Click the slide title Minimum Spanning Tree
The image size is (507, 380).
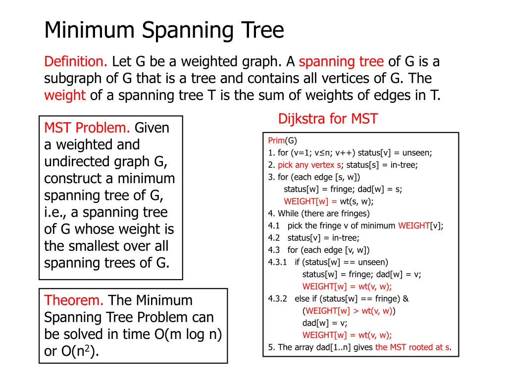tap(164, 31)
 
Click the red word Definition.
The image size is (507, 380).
tap(76, 62)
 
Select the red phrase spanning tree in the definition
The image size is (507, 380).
tap(341, 62)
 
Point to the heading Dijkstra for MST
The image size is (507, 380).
tap(328, 119)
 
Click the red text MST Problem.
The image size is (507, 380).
tap(87, 128)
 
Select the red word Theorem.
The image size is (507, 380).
tap(74, 300)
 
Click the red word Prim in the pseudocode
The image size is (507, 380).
tap(276, 141)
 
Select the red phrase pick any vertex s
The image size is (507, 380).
tap(303, 165)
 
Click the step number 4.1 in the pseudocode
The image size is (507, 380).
tap(274, 226)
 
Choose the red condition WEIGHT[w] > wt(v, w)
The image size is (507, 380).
tap(349, 311)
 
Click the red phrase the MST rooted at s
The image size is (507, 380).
tap(412, 347)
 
